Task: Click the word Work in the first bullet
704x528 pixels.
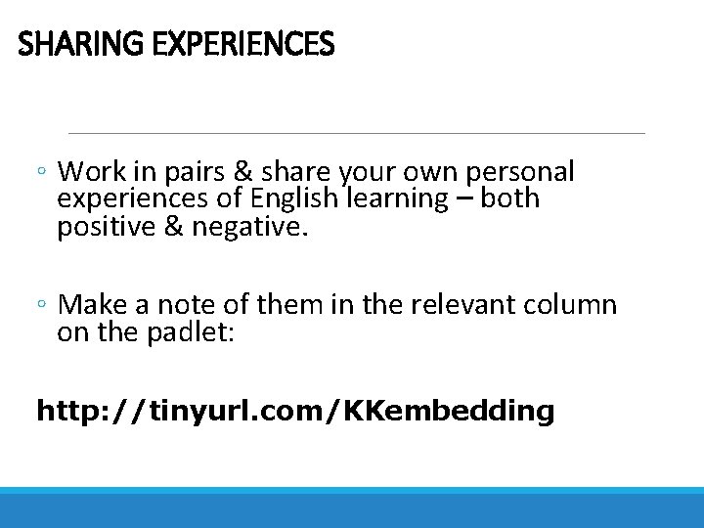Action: click(x=92, y=172)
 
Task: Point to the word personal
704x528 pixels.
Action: click(x=520, y=173)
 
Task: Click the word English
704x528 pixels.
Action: click(x=291, y=198)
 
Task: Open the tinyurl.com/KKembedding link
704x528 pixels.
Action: click(x=294, y=411)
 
